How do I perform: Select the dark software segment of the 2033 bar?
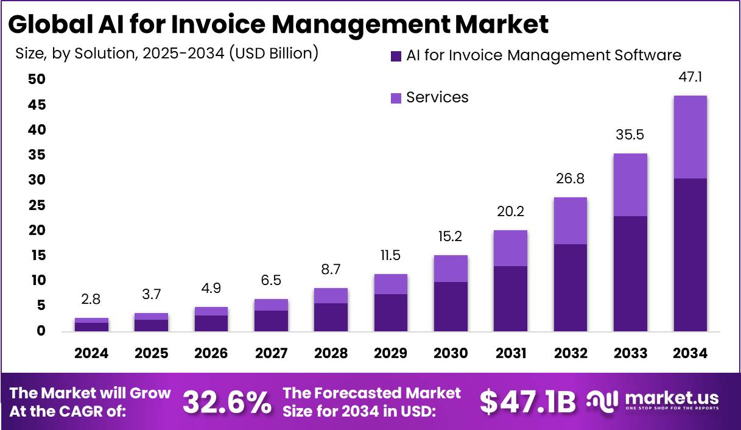pyautogui.click(x=630, y=273)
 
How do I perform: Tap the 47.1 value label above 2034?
pyautogui.click(x=690, y=78)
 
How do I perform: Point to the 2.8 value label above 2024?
pyautogui.click(x=91, y=300)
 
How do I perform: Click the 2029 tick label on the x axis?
pyautogui.click(x=390, y=353)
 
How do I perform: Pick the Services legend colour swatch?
pyautogui.click(x=396, y=97)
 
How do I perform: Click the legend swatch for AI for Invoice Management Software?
pyautogui.click(x=396, y=56)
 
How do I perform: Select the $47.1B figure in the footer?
pyautogui.click(x=527, y=401)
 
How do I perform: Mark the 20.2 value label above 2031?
pyautogui.click(x=510, y=212)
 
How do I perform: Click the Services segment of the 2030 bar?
pyautogui.click(x=451, y=269)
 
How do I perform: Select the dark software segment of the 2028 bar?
pyautogui.click(x=331, y=317)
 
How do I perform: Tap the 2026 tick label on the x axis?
pyautogui.click(x=211, y=353)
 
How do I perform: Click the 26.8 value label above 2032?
pyautogui.click(x=570, y=179)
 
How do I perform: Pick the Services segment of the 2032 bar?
pyautogui.click(x=570, y=220)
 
